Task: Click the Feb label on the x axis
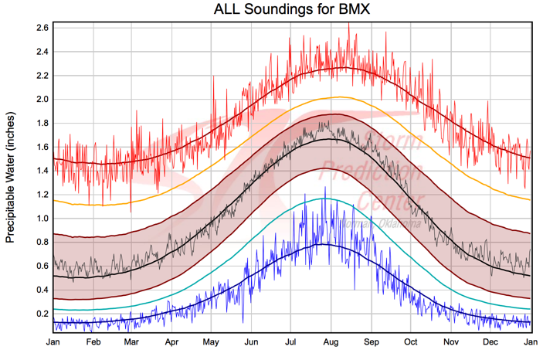pos(93,341)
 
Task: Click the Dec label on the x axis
pos(490,341)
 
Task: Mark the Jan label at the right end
pos(531,341)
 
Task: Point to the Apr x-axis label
pos(172,341)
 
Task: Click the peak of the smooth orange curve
pos(340,97)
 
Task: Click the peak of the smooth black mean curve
pos(328,139)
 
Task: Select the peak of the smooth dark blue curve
pos(326,244)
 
